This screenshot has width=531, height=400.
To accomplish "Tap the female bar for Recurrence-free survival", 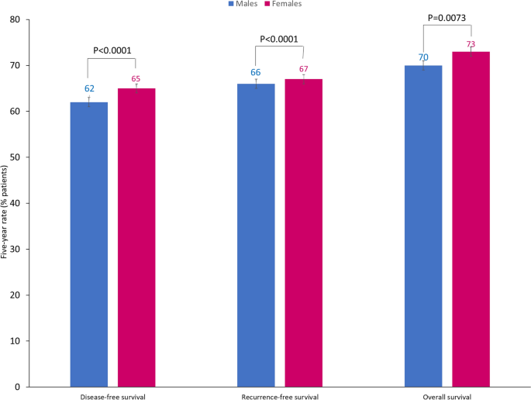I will (x=303, y=233).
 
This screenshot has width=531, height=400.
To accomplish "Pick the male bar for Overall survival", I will (x=423, y=226).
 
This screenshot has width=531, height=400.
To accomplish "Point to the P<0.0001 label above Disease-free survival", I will (x=112, y=51).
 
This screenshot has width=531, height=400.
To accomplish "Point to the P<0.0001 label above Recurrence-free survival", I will (x=279, y=40).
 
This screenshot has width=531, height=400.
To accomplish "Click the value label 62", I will (x=89, y=89).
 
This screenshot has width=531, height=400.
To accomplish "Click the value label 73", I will (x=471, y=44).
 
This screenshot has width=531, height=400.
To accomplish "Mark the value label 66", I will (x=256, y=72).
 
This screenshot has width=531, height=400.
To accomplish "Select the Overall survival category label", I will (x=447, y=396).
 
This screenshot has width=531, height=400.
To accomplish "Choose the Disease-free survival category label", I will (x=112, y=396).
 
